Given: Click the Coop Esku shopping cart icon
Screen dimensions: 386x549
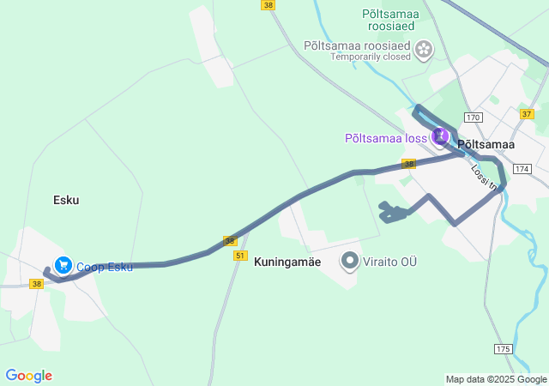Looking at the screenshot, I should [62, 266].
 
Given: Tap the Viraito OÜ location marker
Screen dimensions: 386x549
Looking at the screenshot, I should [350, 260].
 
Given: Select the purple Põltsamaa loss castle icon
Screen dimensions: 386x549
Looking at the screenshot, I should [440, 136].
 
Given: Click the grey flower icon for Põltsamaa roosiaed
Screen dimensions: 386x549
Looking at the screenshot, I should [423, 51].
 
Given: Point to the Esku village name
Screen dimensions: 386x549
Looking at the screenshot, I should [66, 200].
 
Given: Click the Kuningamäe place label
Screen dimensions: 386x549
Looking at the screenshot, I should [287, 262].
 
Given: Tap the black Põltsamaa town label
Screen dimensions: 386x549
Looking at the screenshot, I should [486, 145].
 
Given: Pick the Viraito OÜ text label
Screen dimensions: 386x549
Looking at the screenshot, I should [389, 261].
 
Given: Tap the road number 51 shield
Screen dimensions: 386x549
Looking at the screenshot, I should [239, 256].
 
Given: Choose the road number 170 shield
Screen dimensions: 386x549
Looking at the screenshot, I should [474, 117].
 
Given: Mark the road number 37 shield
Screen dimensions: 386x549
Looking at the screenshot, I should [527, 113].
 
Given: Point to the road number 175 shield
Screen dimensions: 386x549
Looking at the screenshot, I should [503, 348].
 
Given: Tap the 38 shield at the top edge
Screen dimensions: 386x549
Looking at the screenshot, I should [269, 5].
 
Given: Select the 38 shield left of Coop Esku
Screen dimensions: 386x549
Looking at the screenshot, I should [36, 283].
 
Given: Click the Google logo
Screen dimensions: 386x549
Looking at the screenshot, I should [28, 376].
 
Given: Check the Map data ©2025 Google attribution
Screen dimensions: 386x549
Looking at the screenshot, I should [496, 379].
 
